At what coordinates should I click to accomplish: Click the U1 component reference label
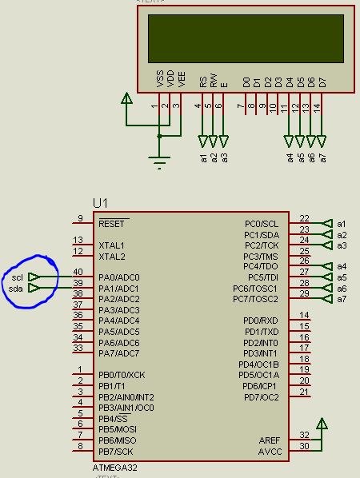pyautogui.click(x=101, y=204)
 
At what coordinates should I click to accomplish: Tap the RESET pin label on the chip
pyautogui.click(x=113, y=224)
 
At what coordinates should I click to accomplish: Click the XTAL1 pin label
pyautogui.click(x=112, y=245)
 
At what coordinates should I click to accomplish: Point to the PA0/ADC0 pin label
pyautogui.click(x=119, y=277)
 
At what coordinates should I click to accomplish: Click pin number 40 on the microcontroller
pyautogui.click(x=78, y=273)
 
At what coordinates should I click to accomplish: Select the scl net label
pyautogui.click(x=17, y=277)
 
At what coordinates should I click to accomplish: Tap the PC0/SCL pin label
pyautogui.click(x=262, y=224)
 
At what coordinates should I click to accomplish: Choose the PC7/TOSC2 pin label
pyautogui.click(x=255, y=299)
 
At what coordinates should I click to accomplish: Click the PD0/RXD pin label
pyautogui.click(x=261, y=321)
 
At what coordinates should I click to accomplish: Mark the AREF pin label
pyautogui.click(x=269, y=440)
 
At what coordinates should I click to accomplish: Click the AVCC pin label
pyautogui.click(x=269, y=451)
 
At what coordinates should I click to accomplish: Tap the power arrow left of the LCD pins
pyautogui.click(x=126, y=99)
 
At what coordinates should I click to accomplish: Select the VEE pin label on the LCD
pyautogui.click(x=182, y=78)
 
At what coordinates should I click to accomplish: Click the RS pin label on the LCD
pyautogui.click(x=203, y=81)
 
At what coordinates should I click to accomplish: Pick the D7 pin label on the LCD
pyautogui.click(x=322, y=82)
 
